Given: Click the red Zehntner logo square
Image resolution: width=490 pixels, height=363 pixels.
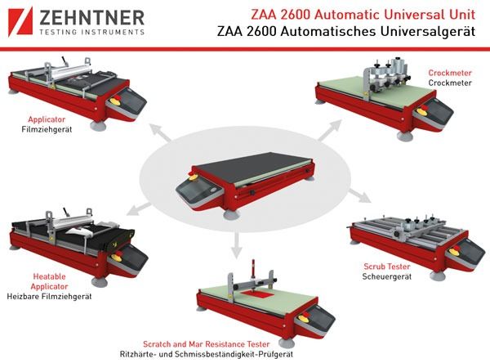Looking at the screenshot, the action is (x=20, y=22).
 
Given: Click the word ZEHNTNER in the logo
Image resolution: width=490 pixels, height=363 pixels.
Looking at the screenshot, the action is (x=91, y=17).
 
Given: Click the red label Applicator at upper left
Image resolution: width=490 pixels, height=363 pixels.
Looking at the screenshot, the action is (x=47, y=119).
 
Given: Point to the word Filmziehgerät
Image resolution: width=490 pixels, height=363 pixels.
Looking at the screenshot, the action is (x=47, y=129).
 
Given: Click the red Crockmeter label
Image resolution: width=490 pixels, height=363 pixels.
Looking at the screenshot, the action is (x=450, y=73).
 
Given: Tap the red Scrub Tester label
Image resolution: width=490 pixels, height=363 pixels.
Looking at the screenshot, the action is (x=387, y=267).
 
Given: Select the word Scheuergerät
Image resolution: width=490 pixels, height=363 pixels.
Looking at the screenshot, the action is (x=387, y=276).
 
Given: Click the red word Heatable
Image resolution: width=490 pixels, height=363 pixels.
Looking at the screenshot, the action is (x=49, y=276).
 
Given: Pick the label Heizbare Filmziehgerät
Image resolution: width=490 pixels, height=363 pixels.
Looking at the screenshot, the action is (x=49, y=296).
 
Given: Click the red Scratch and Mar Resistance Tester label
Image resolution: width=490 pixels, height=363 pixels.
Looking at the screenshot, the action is (x=207, y=344).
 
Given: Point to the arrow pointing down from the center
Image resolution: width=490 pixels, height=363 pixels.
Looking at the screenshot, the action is (x=237, y=244).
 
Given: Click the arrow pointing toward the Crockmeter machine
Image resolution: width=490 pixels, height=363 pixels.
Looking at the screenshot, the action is (x=330, y=130).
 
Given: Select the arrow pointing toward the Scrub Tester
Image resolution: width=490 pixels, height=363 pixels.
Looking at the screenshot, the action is (x=360, y=195).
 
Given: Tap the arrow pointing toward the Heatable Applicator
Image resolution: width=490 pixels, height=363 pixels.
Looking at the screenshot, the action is (x=139, y=208).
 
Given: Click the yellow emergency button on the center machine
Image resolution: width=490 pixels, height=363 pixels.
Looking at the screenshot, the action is (x=193, y=177).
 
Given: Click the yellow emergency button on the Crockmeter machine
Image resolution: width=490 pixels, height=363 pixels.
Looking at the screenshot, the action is (x=421, y=110).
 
